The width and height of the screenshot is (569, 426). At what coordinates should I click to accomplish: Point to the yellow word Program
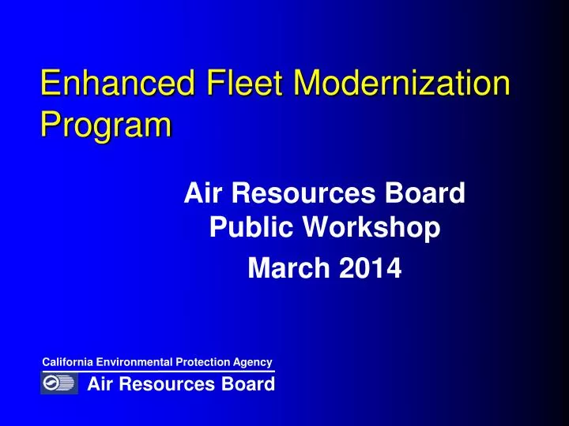point(106,125)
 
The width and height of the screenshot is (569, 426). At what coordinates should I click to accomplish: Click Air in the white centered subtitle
point(205,192)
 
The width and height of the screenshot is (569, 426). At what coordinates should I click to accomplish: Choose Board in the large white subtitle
point(429,192)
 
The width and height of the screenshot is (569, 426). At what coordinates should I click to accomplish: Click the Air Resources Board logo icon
point(59,384)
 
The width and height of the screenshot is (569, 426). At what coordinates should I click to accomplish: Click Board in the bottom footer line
point(247,384)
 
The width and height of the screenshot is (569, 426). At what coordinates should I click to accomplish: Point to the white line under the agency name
point(158,371)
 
